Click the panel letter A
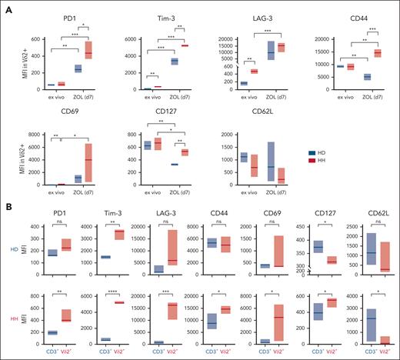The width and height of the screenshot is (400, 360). point(8,6)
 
